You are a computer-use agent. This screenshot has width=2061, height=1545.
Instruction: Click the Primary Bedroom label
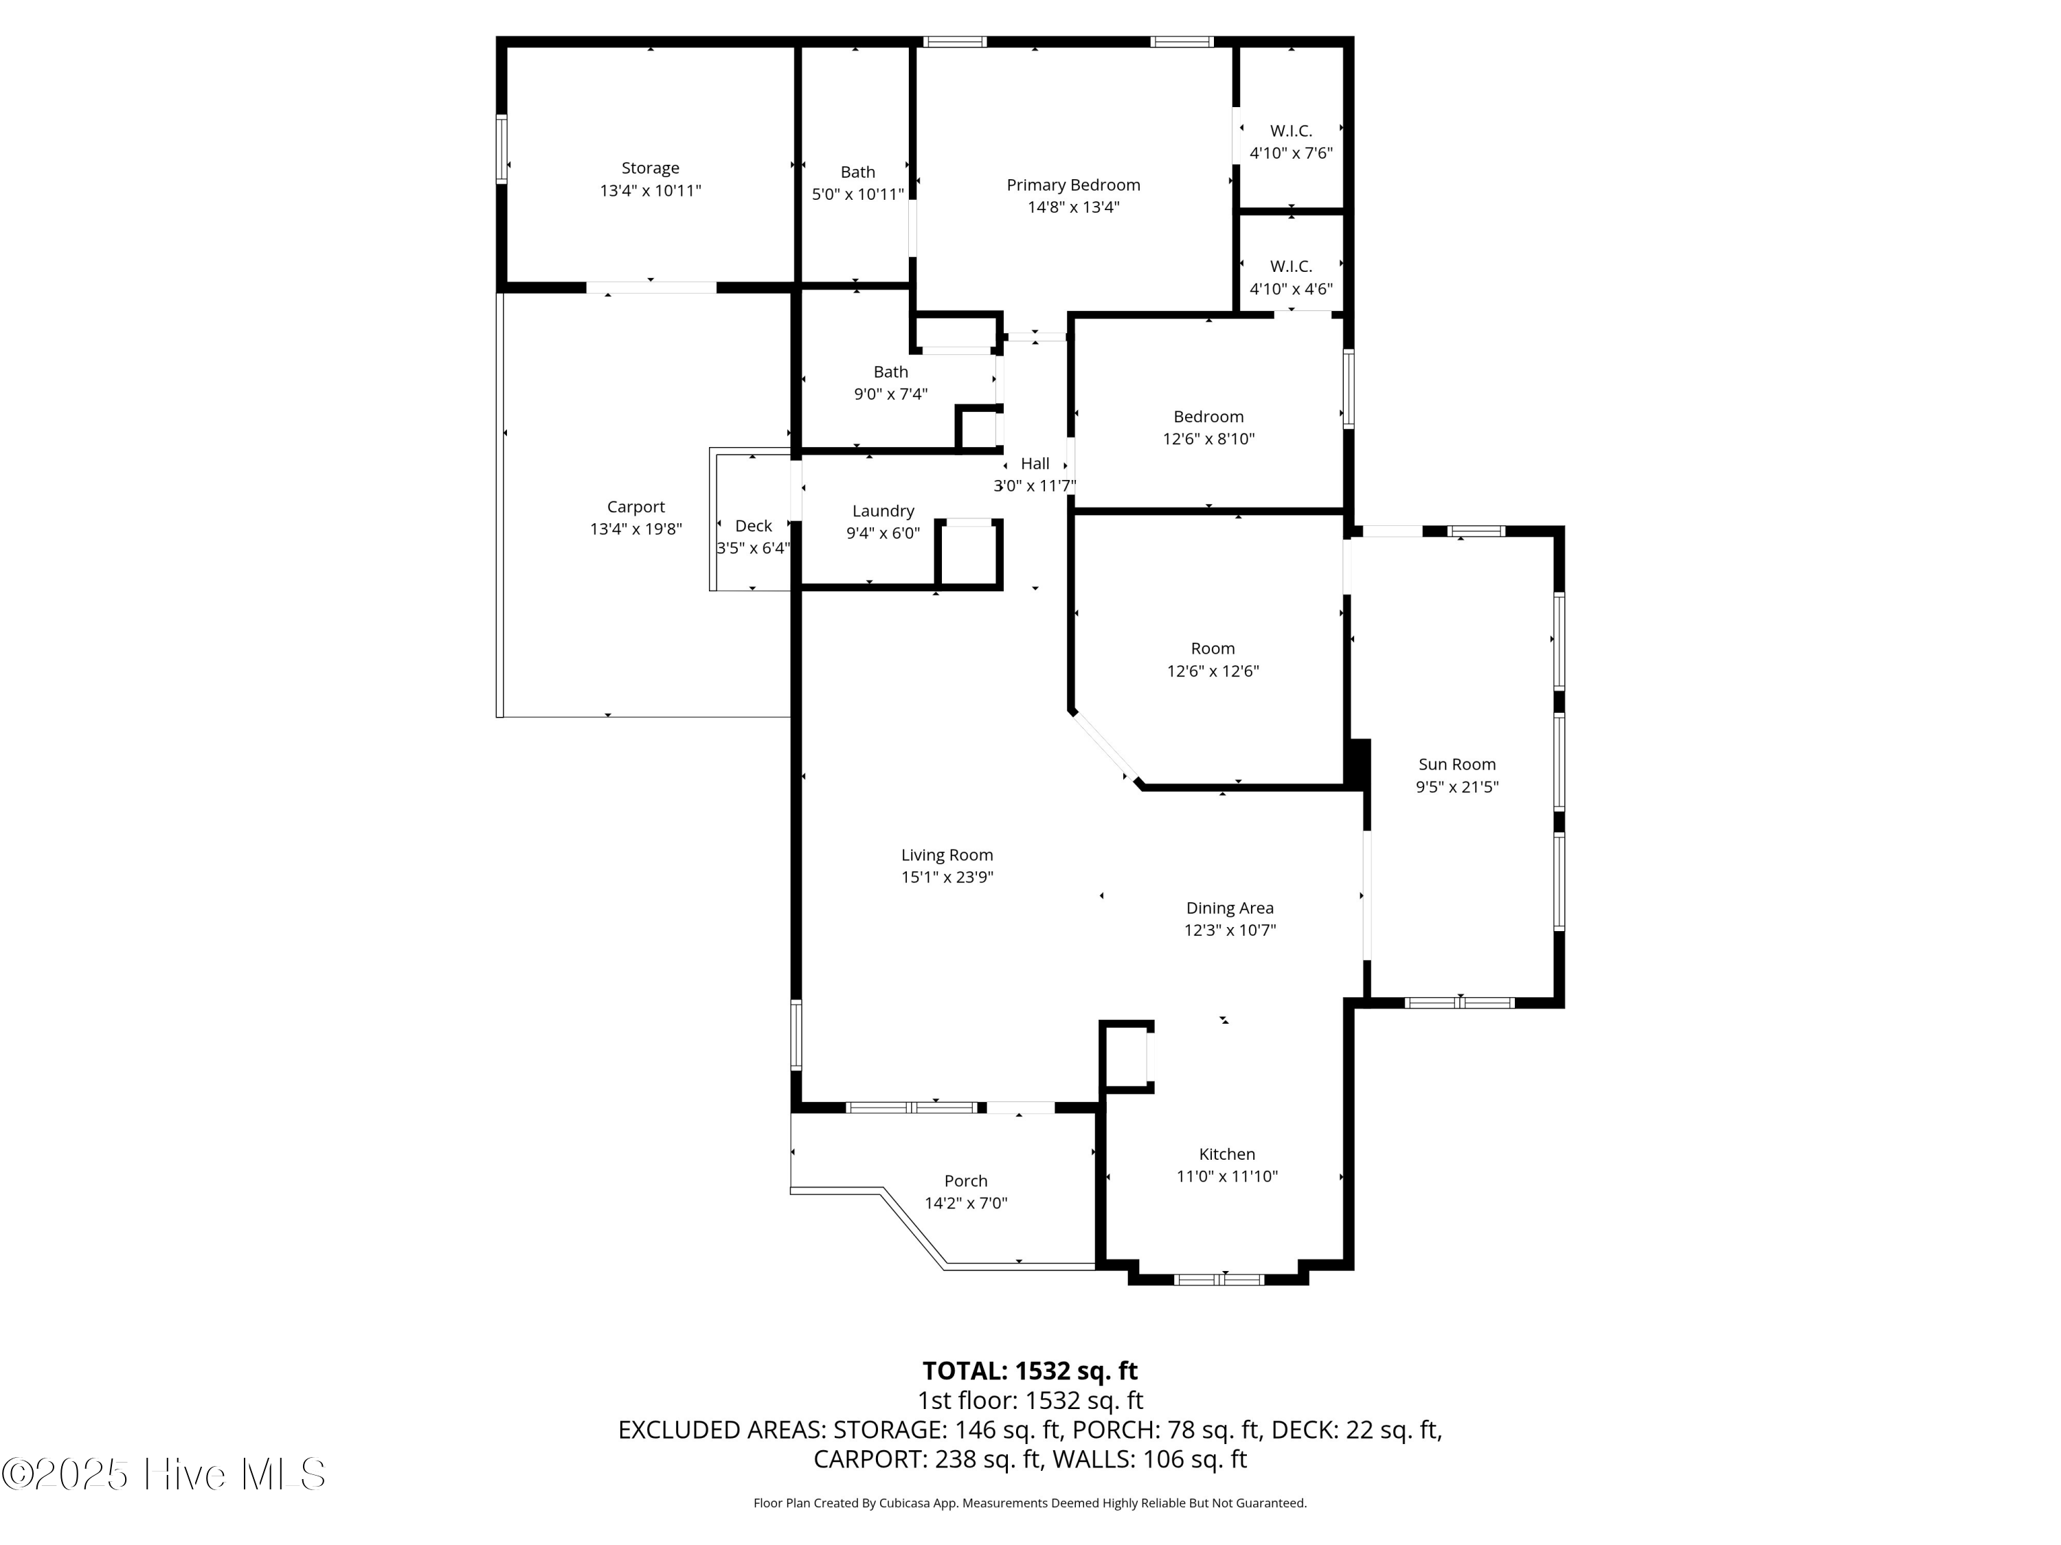(1073, 185)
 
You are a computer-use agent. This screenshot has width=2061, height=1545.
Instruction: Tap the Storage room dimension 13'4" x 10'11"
(651, 191)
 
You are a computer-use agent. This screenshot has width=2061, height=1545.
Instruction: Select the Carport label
(636, 507)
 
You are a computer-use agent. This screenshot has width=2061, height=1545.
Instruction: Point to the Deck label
(754, 526)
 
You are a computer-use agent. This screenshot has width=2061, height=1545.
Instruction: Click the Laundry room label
(883, 512)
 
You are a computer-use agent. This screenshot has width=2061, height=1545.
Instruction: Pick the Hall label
(1035, 463)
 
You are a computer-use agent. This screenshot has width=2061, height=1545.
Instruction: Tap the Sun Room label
(1457, 764)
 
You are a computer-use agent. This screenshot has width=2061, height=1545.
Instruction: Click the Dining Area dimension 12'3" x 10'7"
(1230, 930)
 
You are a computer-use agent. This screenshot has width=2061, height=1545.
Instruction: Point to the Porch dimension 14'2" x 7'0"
(966, 1202)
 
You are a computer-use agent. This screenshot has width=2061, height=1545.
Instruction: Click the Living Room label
(947, 855)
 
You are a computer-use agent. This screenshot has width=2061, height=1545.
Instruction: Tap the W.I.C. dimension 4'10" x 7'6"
(1292, 152)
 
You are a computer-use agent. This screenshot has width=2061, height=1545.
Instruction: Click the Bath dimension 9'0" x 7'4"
(891, 394)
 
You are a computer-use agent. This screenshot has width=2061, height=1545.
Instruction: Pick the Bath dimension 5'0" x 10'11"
(858, 194)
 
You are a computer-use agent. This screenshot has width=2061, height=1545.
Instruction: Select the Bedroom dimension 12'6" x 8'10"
(1208, 439)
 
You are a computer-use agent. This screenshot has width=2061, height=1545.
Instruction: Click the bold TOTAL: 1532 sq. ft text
(1030, 1371)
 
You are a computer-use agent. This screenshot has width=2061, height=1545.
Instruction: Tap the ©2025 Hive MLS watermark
(164, 1474)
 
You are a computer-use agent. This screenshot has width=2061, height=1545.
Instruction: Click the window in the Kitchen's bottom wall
(1219, 1279)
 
